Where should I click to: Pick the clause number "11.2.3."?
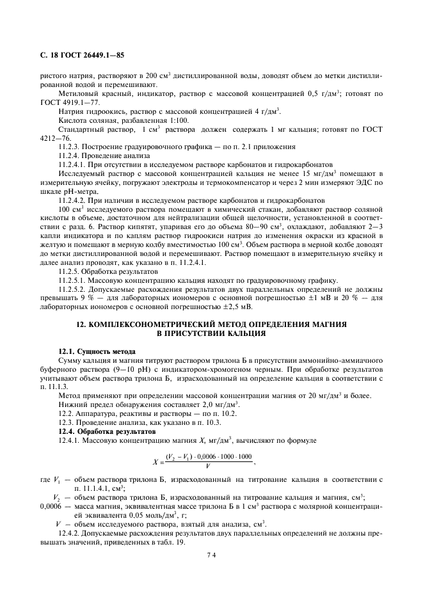pyautogui.click(x=68, y=147)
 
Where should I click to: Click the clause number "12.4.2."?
pyautogui.click(x=68, y=532)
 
